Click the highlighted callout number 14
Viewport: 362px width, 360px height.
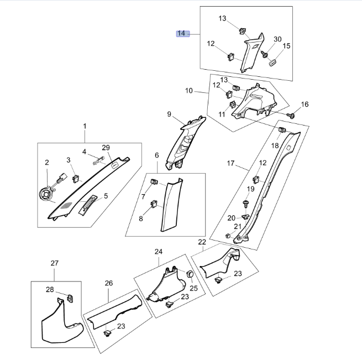tap(181, 34)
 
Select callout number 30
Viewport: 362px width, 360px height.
tap(277, 39)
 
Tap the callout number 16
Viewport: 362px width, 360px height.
tap(305, 105)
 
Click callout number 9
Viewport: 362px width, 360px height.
tap(170, 114)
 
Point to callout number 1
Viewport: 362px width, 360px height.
tap(85, 127)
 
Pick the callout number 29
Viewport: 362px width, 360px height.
tap(106, 148)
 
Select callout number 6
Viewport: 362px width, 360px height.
tap(156, 155)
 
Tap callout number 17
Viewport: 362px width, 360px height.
tap(231, 164)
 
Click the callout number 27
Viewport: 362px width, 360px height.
tap(54, 263)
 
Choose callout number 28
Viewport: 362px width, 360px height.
tap(50, 290)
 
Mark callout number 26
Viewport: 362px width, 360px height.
tap(109, 283)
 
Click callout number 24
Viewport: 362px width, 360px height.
tap(159, 252)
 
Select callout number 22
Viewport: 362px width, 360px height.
tap(202, 242)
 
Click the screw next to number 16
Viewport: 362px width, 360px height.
tap(292, 115)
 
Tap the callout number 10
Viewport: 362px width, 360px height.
tap(189, 90)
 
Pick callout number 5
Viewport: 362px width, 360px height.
tap(106, 196)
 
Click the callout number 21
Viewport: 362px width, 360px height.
tap(237, 226)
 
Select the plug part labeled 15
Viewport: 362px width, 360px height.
tap(272, 62)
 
